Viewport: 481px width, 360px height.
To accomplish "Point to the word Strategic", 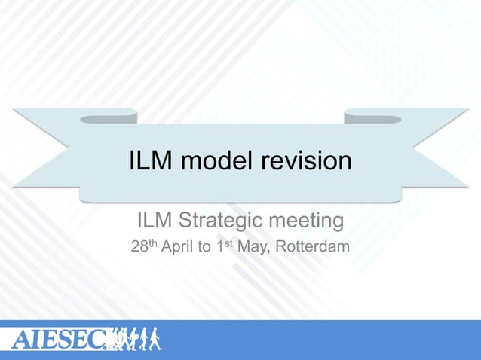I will click(219, 222).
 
